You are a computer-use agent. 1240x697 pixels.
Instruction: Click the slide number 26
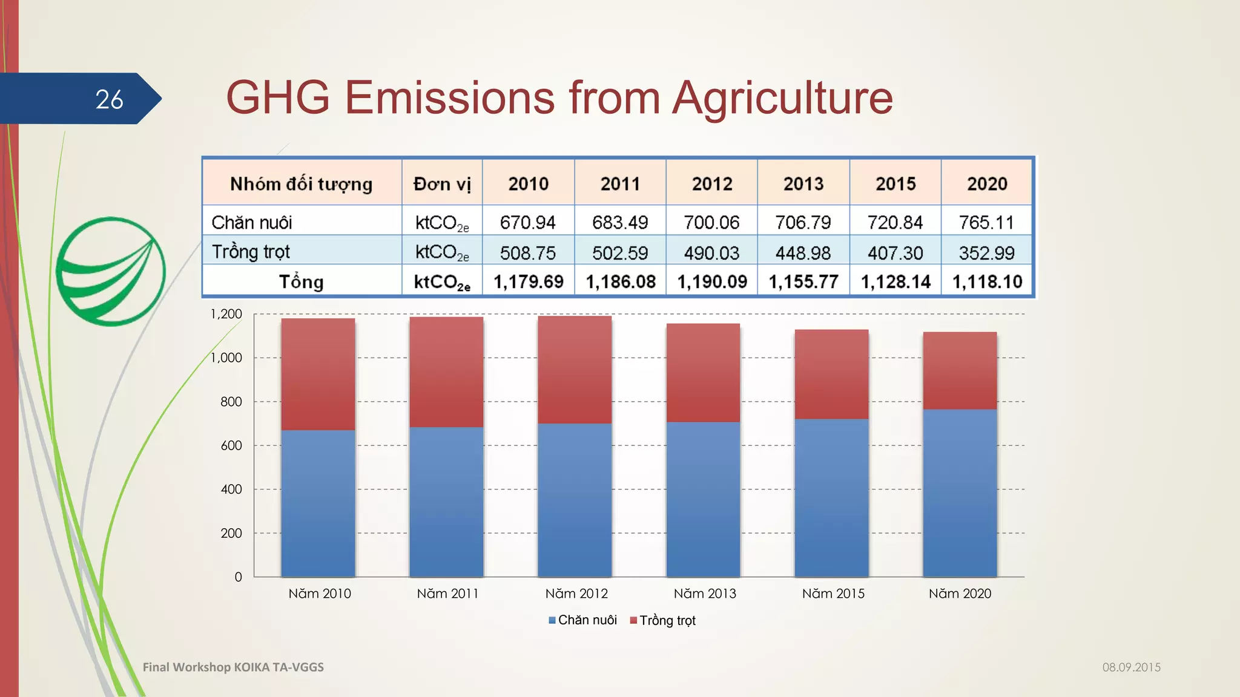(109, 99)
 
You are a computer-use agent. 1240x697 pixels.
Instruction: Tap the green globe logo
(110, 272)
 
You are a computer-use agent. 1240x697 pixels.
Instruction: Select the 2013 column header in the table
(803, 184)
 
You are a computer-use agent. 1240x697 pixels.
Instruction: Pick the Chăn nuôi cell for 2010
(527, 223)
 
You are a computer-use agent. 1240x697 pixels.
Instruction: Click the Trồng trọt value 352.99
(986, 253)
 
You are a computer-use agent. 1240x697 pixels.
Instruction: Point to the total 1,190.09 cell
(712, 282)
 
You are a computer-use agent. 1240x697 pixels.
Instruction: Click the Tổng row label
(301, 282)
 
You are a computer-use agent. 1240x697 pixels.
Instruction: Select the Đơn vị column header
(442, 184)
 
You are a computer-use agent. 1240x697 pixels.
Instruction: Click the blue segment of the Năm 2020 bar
(960, 493)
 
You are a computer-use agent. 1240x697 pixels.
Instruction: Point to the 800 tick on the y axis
(231, 402)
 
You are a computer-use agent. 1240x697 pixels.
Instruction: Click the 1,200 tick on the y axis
(226, 314)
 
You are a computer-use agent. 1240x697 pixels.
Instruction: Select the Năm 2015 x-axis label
(833, 594)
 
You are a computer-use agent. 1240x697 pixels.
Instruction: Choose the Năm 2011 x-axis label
(447, 594)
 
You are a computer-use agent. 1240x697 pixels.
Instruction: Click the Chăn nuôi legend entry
(582, 620)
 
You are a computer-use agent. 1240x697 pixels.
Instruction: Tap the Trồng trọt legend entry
(663, 620)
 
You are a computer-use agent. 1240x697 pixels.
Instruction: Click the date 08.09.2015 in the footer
(1131, 667)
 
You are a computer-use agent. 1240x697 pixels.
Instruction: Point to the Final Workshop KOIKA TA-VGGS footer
(233, 667)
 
